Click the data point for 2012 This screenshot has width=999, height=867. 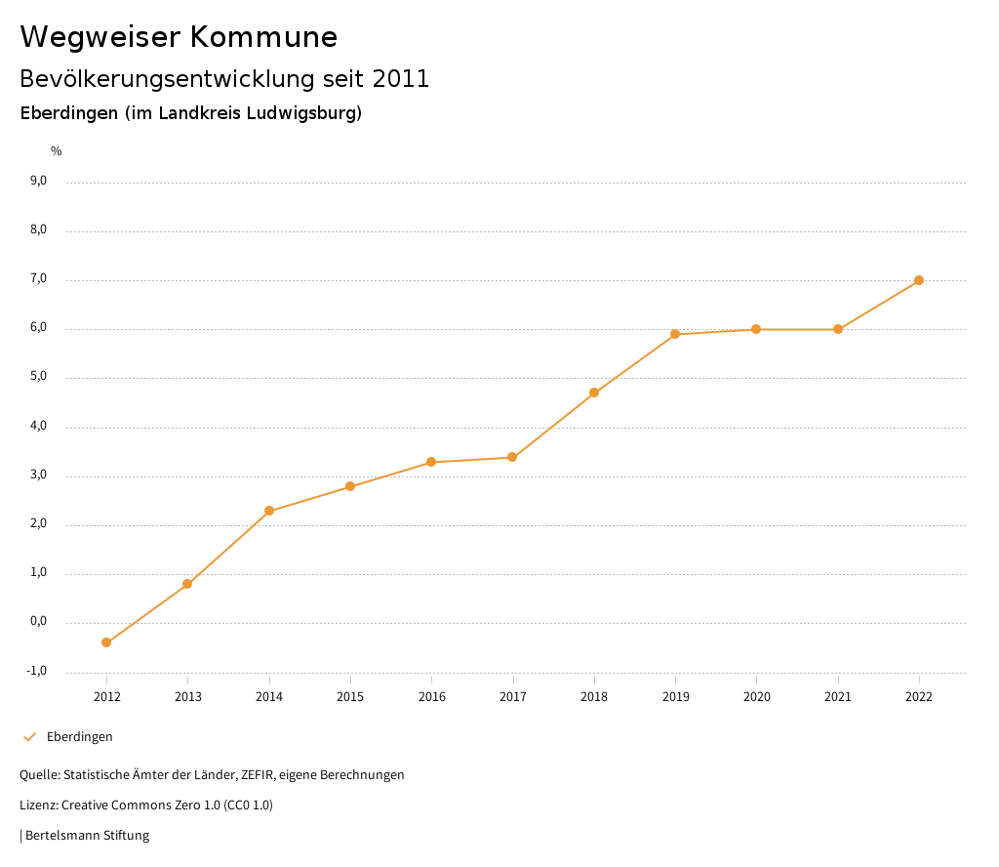click(x=106, y=642)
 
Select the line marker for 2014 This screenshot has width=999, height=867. click(x=269, y=511)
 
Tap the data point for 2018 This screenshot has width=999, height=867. click(x=594, y=392)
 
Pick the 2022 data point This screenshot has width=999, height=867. click(x=919, y=280)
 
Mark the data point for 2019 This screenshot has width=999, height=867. click(x=675, y=334)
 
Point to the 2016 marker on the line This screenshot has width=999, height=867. click(x=431, y=462)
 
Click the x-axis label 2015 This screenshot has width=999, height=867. click(x=350, y=696)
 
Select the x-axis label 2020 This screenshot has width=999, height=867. click(x=757, y=696)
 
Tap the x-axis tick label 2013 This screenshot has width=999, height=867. click(x=188, y=696)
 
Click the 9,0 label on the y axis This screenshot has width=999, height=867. click(x=39, y=181)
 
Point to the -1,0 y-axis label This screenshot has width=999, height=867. click(x=38, y=671)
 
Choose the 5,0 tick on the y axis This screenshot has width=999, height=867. click(x=39, y=377)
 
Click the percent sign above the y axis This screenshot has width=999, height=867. click(x=57, y=151)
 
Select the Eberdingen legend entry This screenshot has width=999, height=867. click(x=80, y=737)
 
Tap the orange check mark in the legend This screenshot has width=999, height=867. click(x=29, y=737)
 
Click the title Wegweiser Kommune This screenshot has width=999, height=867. click(x=179, y=37)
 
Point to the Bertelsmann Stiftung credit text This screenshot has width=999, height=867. click(x=87, y=836)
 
